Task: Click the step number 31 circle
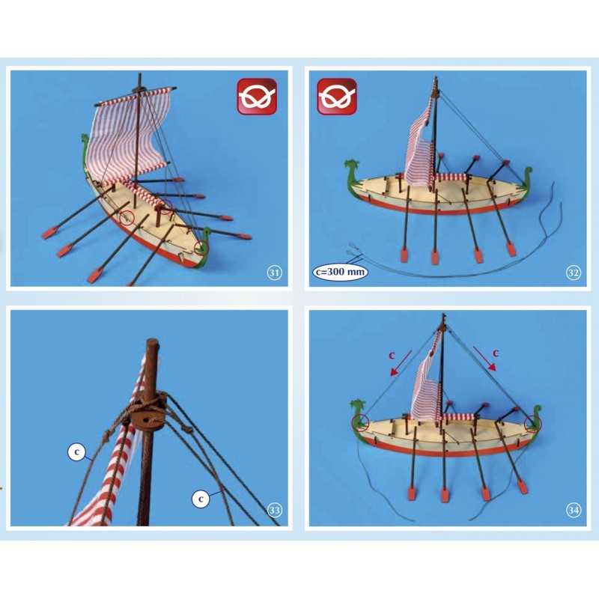click(274, 273)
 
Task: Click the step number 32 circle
click(574, 273)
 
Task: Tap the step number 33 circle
click(274, 511)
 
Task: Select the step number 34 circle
click(574, 511)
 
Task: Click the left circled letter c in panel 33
click(75, 452)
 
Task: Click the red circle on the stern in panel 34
click(533, 421)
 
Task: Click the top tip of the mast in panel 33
click(153, 345)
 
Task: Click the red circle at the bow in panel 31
click(201, 248)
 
